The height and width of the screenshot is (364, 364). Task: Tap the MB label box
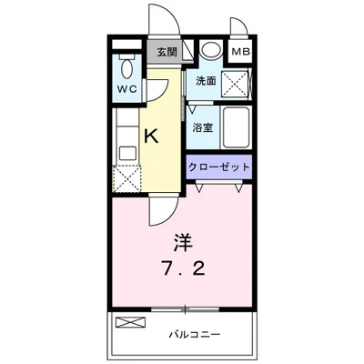(x=239, y=51)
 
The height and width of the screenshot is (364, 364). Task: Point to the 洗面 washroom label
(x=205, y=81)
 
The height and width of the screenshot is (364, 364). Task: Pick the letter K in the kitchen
(x=152, y=136)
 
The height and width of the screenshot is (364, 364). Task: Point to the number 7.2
(x=182, y=269)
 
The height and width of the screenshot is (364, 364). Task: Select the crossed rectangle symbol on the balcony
(x=130, y=321)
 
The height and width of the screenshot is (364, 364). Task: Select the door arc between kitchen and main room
(x=160, y=209)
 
